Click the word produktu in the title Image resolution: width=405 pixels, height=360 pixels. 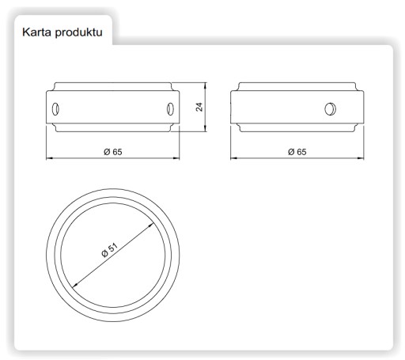point(78,32)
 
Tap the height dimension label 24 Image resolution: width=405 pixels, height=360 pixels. point(199,107)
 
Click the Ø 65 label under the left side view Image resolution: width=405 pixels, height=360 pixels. point(113,152)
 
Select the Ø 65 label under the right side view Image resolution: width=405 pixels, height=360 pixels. point(297,152)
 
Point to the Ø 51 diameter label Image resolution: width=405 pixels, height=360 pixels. point(109,249)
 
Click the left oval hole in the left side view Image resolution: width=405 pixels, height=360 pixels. point(55,109)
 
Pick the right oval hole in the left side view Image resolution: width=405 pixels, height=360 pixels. point(170,109)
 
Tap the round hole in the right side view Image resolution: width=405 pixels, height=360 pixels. point(330,109)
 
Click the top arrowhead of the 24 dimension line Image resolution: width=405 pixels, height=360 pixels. point(206,85)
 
